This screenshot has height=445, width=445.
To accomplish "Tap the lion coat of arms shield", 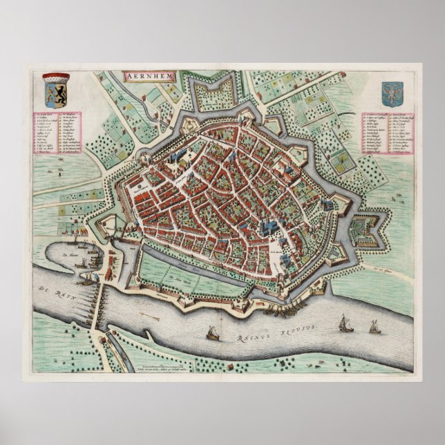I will click(57, 88).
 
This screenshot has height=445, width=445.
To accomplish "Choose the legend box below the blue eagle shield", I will click(390, 135).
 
